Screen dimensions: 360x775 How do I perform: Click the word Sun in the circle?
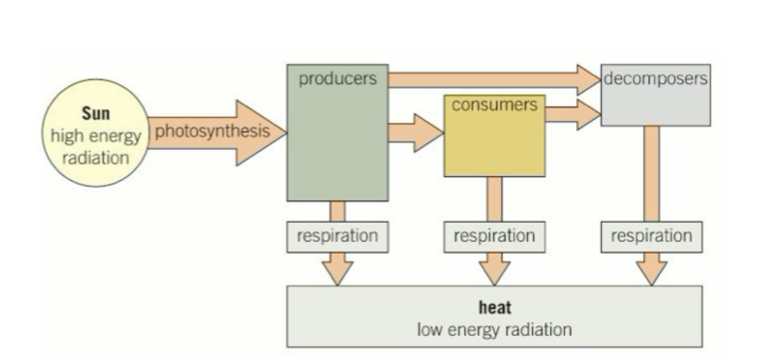(x=95, y=114)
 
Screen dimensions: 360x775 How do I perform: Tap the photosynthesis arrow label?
(x=212, y=131)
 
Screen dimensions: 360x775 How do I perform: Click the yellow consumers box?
(x=494, y=145)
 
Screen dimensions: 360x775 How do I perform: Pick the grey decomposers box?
(x=655, y=105)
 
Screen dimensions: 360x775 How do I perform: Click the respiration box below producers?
(x=338, y=237)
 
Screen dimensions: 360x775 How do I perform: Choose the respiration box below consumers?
(x=494, y=237)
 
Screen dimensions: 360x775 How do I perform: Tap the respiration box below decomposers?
(x=651, y=237)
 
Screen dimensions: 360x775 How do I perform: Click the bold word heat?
(x=494, y=307)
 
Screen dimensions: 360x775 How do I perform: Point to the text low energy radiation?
(x=494, y=330)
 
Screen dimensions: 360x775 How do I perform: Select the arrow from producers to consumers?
(x=415, y=132)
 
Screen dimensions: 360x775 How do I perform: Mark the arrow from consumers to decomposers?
(x=572, y=114)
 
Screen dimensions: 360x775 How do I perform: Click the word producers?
(x=338, y=78)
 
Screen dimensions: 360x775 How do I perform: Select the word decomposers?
(x=655, y=78)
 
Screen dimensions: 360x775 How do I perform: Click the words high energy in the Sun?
(x=95, y=136)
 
